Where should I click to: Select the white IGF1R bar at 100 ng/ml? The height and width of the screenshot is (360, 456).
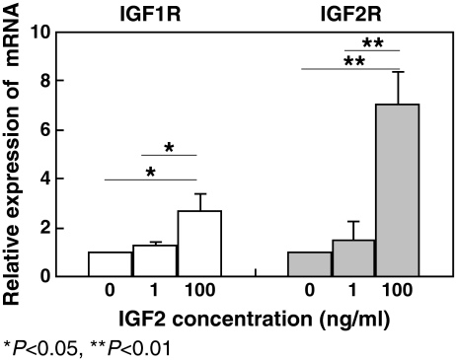[x=199, y=244]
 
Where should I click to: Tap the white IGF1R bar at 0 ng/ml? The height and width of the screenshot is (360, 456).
[x=110, y=263]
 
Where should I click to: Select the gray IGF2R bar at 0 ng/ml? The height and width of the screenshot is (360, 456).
[x=309, y=263]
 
